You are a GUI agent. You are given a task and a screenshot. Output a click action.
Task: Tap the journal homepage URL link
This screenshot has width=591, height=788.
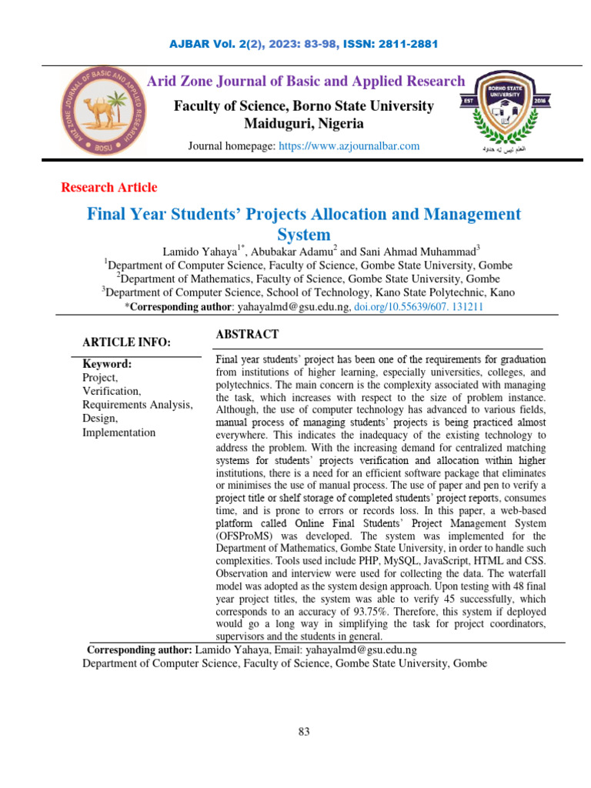349,146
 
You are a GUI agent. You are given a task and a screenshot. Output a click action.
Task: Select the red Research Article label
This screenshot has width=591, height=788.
109,187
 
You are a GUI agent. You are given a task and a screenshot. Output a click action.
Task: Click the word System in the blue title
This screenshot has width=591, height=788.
303,234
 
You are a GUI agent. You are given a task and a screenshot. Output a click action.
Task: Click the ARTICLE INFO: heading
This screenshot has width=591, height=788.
127,342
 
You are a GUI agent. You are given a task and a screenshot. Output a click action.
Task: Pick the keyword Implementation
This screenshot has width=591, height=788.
119,432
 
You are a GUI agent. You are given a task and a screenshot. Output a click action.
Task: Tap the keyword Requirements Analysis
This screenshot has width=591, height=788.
138,405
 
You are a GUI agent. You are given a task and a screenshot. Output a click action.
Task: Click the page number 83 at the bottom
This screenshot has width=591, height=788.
304,732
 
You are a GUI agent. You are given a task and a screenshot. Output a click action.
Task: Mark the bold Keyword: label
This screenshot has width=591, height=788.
108,364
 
